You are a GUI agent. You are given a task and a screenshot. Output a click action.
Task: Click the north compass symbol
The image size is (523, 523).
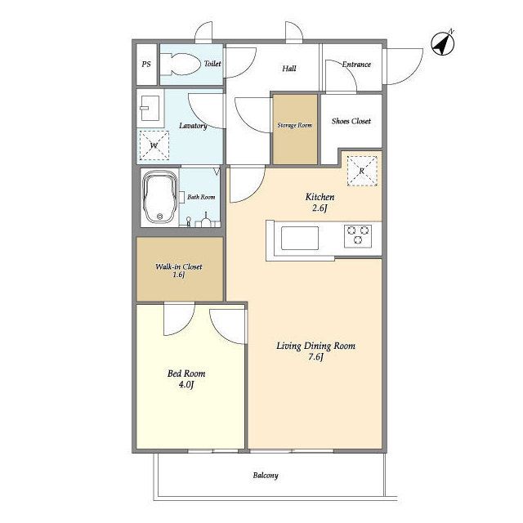443,43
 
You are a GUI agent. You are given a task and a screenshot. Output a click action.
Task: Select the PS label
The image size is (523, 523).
146,64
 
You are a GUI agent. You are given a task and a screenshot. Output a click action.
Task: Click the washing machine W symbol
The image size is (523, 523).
154,145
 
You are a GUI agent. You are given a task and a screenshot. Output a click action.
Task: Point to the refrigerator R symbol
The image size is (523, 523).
362,171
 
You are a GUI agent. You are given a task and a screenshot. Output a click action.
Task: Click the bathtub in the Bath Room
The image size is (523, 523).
160,197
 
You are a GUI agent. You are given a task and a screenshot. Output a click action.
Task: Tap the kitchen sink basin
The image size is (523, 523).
300,238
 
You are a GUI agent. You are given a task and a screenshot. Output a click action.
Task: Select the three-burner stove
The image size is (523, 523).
358,235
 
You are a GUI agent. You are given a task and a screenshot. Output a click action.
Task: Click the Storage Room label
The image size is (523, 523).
295,125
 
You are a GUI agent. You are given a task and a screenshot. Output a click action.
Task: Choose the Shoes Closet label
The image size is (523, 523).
351,121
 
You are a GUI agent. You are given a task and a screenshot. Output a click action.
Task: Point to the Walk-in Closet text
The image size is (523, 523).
179,266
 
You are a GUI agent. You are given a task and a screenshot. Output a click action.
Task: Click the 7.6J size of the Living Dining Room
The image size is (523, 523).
316,357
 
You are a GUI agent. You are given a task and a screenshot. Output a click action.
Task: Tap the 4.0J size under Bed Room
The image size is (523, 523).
186,385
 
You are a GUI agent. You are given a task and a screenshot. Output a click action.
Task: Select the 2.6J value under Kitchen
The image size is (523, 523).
320,208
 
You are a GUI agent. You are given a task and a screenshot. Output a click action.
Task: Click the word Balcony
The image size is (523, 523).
266,476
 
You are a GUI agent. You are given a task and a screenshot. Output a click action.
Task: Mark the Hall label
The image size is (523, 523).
289,69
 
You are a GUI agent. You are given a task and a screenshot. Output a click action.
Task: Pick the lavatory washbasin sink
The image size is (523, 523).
150,108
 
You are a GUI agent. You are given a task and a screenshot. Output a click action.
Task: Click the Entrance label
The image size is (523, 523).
356,65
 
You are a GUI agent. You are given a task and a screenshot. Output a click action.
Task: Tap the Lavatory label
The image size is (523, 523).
193,126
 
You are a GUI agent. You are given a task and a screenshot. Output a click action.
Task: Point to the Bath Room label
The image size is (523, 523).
201,197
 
